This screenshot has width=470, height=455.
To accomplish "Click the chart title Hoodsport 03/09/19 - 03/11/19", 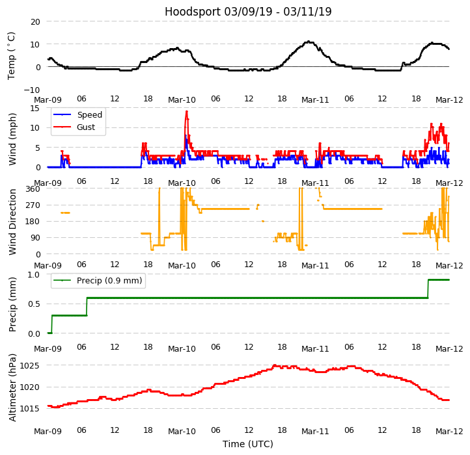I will point(248,12).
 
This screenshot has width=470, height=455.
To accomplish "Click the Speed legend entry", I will point(89,115).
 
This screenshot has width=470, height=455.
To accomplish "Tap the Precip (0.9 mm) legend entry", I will point(109,281).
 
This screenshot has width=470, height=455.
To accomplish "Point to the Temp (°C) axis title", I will point(12,55).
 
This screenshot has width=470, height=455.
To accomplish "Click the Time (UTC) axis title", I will point(248,444).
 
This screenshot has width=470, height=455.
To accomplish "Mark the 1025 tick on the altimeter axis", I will point(35,366).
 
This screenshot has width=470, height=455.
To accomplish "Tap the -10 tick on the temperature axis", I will point(32,90).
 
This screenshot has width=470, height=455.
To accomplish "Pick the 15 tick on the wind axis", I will point(36,109).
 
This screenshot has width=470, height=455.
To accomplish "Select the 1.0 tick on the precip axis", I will point(33,275).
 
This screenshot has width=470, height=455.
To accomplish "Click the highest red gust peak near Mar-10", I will point(186,111).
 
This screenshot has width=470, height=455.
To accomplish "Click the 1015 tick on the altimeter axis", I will point(35,409).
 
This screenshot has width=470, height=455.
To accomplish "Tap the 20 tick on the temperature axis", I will point(35,22).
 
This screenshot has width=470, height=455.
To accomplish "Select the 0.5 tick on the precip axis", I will point(33,304).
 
